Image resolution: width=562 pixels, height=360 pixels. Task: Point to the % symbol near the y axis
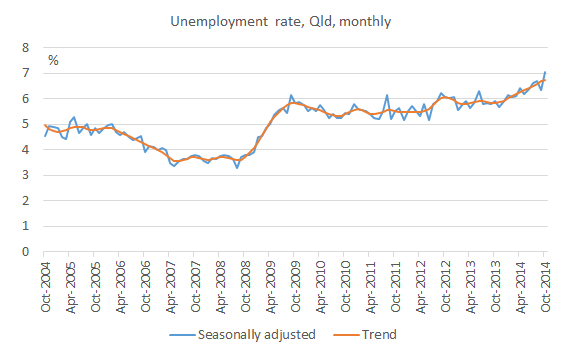(x=53, y=62)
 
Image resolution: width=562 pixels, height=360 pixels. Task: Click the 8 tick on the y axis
(x=26, y=48)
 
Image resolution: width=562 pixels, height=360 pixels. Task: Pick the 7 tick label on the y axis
(x=26, y=74)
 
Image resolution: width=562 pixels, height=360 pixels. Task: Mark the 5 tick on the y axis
(x=26, y=125)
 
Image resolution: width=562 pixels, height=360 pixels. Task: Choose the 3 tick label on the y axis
(x=26, y=176)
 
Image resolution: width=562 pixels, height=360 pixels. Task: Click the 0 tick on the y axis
(x=26, y=252)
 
